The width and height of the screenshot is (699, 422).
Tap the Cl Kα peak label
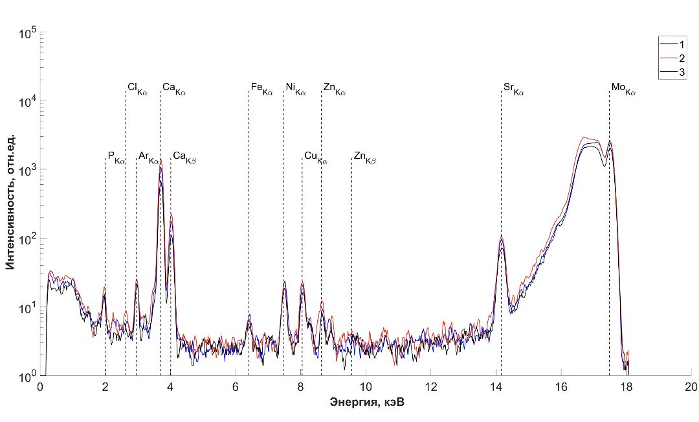(137, 88)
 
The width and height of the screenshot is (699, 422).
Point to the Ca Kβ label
(184, 158)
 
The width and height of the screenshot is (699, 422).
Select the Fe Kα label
(262, 88)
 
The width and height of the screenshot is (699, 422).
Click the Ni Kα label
(296, 88)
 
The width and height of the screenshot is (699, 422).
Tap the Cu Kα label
(316, 158)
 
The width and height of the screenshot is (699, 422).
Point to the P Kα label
(116, 158)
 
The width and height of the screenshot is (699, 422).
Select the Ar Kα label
(148, 158)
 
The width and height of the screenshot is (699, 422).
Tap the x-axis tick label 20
(691, 388)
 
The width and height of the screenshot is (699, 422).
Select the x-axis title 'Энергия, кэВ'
(365, 403)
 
